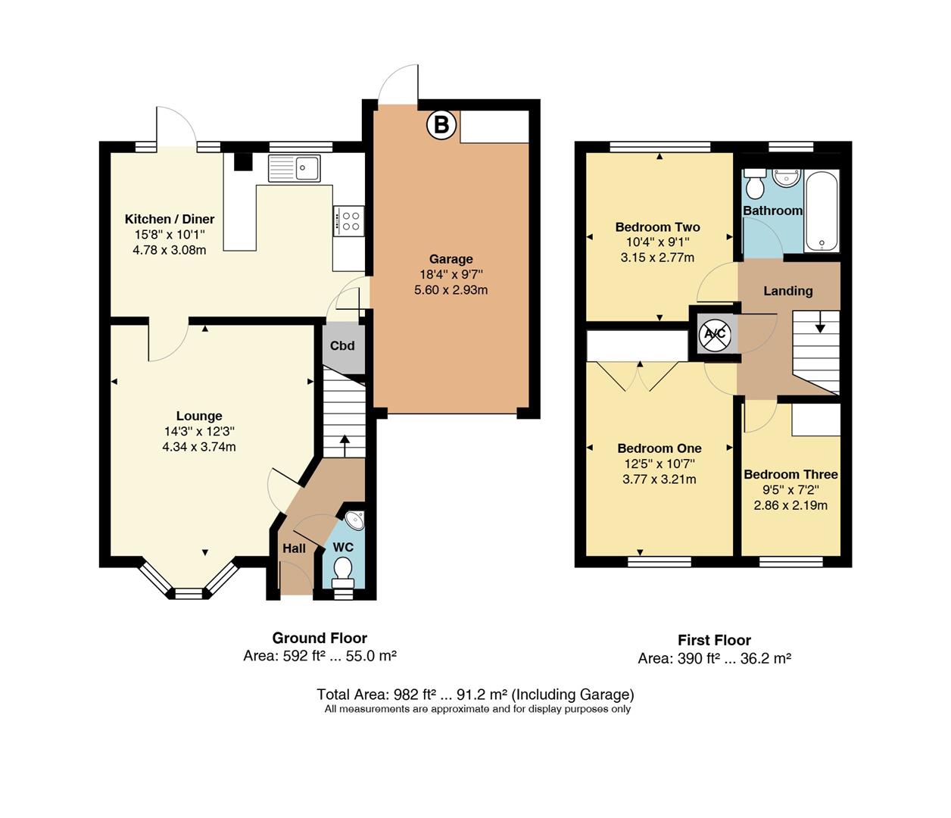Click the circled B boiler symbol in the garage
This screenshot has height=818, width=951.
pyautogui.click(x=441, y=125)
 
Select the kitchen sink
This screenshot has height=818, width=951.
pyautogui.click(x=295, y=168)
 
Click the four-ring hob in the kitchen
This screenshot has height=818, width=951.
pyautogui.click(x=349, y=220)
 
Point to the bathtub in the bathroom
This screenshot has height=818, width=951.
pyautogui.click(x=822, y=211)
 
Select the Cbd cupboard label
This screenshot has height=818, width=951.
pyautogui.click(x=342, y=346)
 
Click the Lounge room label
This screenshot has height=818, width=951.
pyautogui.click(x=199, y=416)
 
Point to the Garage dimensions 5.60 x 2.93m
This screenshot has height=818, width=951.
pyautogui.click(x=451, y=290)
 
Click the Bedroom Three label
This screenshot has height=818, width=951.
pyautogui.click(x=790, y=475)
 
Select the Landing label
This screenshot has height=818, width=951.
pyautogui.click(x=787, y=291)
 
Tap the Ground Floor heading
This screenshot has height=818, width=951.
pyautogui.click(x=320, y=638)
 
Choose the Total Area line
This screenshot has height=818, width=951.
pyautogui.click(x=475, y=695)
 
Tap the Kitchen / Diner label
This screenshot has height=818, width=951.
pyautogui.click(x=170, y=220)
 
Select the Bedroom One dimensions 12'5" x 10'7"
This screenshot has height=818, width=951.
pyautogui.click(x=659, y=464)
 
